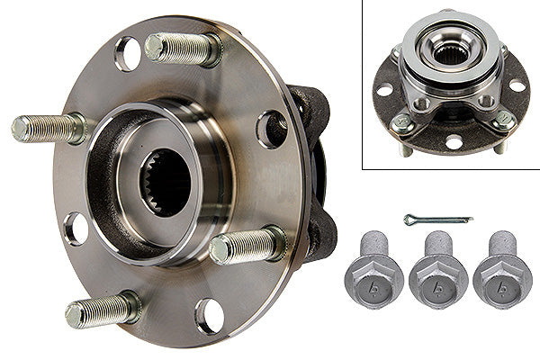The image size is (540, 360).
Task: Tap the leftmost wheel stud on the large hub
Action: (49, 127)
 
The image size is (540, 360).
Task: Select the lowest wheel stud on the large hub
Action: (103, 309)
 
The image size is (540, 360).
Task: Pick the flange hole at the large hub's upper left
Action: (128, 54)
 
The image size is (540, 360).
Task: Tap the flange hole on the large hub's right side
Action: (271, 129)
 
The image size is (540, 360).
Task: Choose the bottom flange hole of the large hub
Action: (210, 316)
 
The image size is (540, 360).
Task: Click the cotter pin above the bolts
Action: (437, 220)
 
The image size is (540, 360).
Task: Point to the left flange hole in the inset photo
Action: (385, 89)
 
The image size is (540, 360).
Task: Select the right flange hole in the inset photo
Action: (517, 86)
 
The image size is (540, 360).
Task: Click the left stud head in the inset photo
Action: (402, 127)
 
